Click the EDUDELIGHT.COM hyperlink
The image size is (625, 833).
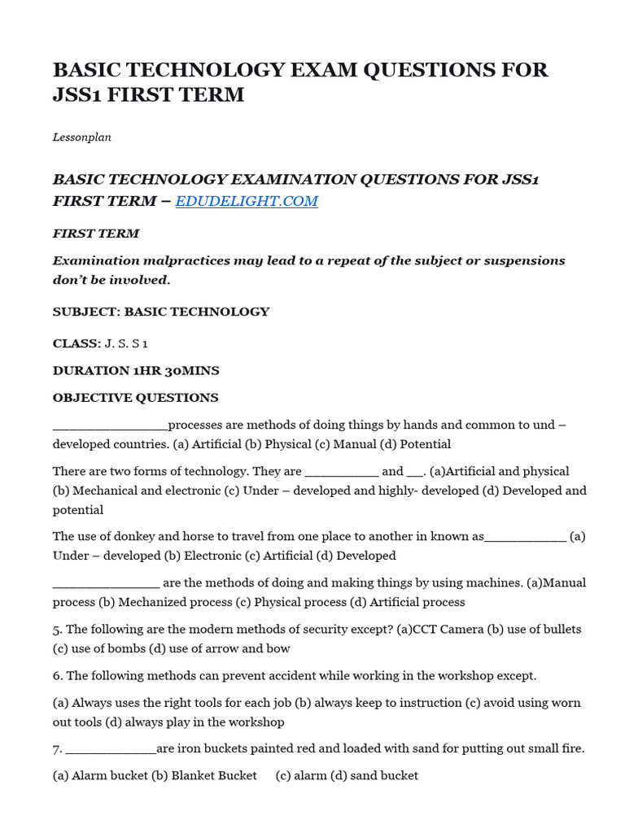pyautogui.click(x=247, y=201)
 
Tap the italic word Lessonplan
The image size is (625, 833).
pyautogui.click(x=81, y=137)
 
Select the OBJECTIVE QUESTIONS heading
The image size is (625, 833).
pyautogui.click(x=135, y=398)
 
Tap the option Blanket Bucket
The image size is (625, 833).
pyautogui.click(x=213, y=776)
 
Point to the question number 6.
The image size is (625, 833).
pyautogui.click(x=57, y=676)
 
